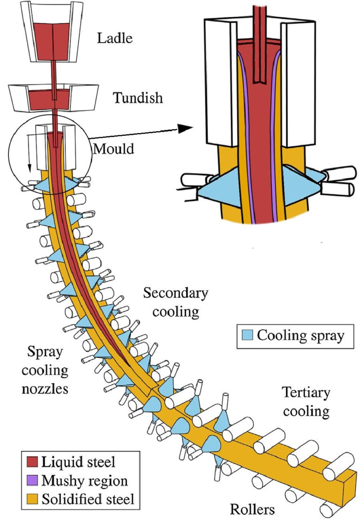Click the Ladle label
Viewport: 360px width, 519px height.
pyautogui.click(x=115, y=38)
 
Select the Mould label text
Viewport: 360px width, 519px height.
pyautogui.click(x=113, y=149)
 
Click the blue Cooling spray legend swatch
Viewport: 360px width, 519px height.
pyautogui.click(x=247, y=335)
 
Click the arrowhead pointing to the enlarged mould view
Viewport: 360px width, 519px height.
pyautogui.click(x=186, y=127)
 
